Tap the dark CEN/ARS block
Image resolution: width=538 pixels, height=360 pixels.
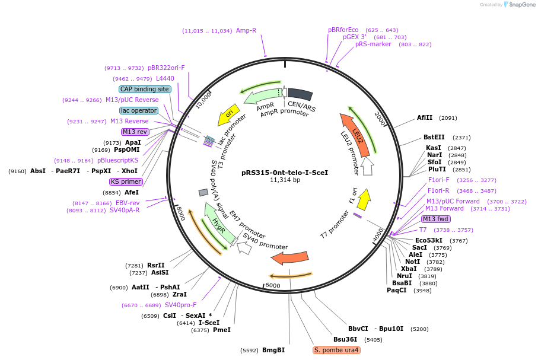(x=300, y=94)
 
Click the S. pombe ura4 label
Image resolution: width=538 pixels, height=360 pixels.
(x=336, y=350)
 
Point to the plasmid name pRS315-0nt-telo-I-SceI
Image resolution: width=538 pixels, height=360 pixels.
(x=285, y=173)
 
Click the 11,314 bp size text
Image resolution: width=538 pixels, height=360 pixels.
(x=285, y=180)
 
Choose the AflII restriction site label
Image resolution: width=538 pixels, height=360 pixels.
(x=425, y=118)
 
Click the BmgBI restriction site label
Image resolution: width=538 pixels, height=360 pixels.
(x=273, y=350)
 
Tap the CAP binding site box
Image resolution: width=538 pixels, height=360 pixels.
(x=145, y=89)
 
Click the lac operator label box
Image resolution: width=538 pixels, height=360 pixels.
(x=139, y=110)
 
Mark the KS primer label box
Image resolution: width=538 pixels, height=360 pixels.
(x=126, y=181)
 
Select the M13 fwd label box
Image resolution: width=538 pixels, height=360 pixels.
(x=435, y=219)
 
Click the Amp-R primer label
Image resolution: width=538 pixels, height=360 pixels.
(x=246, y=30)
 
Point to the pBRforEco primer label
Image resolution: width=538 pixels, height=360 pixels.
(x=343, y=30)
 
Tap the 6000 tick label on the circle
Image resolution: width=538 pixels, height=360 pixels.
(x=272, y=285)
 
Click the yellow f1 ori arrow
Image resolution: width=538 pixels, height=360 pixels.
(x=364, y=200)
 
